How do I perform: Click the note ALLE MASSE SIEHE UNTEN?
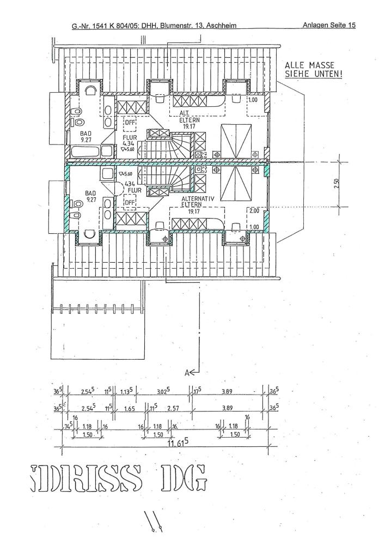pos(314,69)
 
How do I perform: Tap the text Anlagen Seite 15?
pos(328,25)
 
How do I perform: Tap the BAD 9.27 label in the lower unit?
pos(90,196)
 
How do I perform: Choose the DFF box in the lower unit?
pos(130,203)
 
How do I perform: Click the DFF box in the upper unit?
pos(130,123)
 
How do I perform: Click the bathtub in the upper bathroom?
pos(90,151)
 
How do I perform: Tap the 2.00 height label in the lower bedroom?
pos(254,210)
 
